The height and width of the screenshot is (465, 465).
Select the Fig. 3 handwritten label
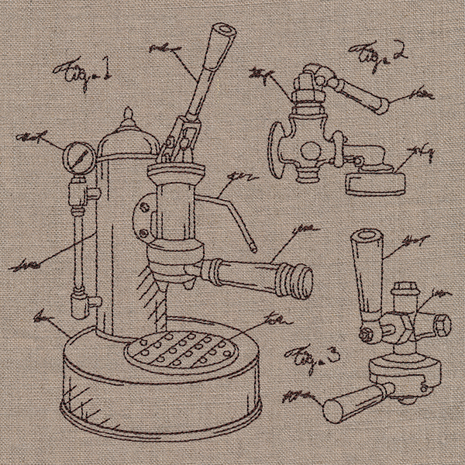312,356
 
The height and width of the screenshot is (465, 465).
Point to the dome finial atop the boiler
129,117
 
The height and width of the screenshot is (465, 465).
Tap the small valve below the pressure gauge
78,190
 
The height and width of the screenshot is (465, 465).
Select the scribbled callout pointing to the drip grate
273,319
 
